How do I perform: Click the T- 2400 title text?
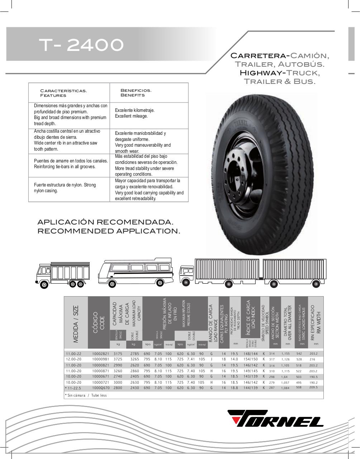tap(81, 45)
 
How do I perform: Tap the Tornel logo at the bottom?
tap(276, 419)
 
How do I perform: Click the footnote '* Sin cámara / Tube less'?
tap(86, 395)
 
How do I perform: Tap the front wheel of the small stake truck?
tap(44, 285)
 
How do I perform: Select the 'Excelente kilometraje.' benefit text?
tap(134, 110)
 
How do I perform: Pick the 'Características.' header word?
tap(63, 91)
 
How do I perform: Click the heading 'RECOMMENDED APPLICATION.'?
tap(109, 231)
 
